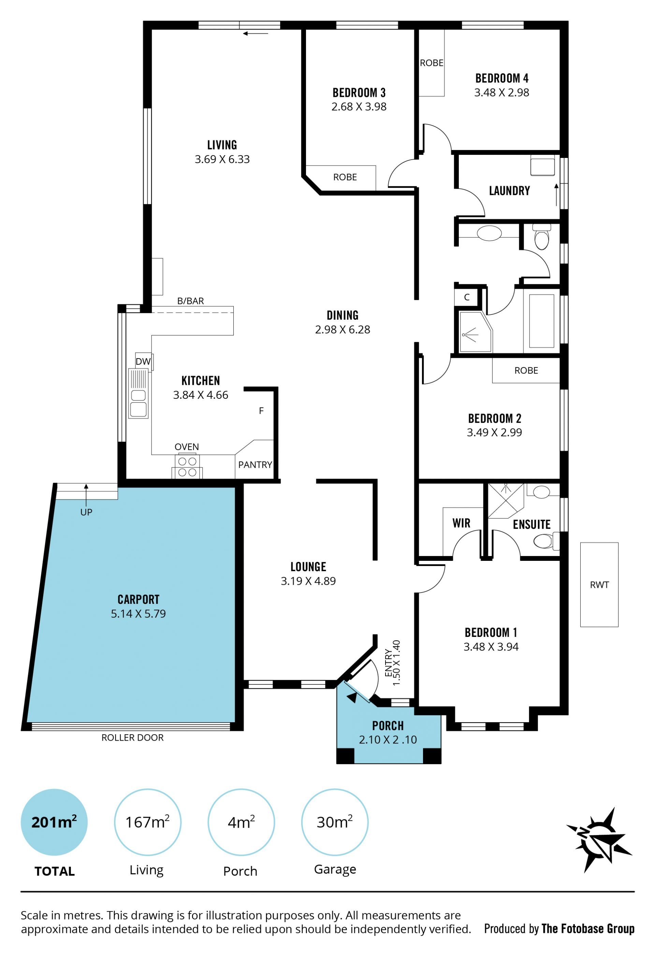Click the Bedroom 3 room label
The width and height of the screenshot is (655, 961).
pyautogui.click(x=359, y=93)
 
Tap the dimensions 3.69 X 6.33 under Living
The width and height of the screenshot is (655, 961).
pyautogui.click(x=222, y=159)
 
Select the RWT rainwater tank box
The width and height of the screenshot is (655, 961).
pyautogui.click(x=599, y=585)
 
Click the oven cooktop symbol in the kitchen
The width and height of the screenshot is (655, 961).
pyautogui.click(x=187, y=466)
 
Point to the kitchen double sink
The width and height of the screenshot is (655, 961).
pyautogui.click(x=138, y=394)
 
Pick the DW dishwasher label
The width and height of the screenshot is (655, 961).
pyautogui.click(x=143, y=361)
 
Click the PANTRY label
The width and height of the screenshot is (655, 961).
pyautogui.click(x=255, y=465)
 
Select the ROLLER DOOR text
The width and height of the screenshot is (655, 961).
pyautogui.click(x=132, y=737)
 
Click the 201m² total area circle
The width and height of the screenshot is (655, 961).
pyautogui.click(x=54, y=822)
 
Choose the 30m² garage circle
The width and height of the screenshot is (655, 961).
pyautogui.click(x=335, y=822)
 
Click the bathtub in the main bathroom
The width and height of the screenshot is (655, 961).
pyautogui.click(x=541, y=321)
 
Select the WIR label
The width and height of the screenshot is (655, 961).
pyautogui.click(x=462, y=524)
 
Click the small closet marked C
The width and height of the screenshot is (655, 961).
pyautogui.click(x=466, y=297)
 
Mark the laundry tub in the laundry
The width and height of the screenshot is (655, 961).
pyautogui.click(x=542, y=165)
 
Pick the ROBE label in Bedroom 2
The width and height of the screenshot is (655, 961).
pyautogui.click(x=526, y=370)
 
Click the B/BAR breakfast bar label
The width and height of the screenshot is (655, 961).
pyautogui.click(x=191, y=301)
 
